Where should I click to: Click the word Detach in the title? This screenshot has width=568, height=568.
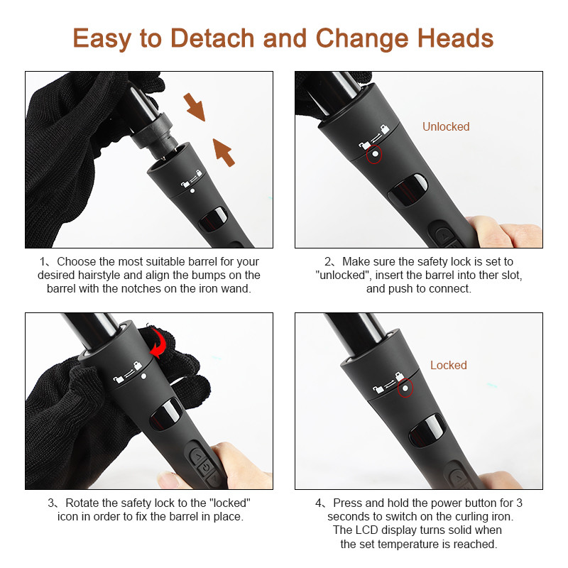coord(212,38)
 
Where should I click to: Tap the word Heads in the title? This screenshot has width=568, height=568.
coord(455,38)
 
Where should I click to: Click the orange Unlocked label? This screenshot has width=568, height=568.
coord(446,126)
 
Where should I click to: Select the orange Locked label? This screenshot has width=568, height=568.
coord(449,365)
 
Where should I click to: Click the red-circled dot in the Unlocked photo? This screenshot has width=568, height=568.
coord(376,154)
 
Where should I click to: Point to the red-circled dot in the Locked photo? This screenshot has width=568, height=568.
coord(405,388)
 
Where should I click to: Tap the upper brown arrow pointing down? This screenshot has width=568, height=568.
coord(195,107)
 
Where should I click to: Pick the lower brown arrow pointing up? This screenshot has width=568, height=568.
coord(224,153)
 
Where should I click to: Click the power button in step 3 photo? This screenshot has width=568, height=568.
coord(206,467)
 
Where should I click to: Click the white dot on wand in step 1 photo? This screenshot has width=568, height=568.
coord(192,190)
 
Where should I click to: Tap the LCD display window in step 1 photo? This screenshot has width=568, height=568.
coord(213,219)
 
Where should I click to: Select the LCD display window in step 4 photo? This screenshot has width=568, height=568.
coord(427,430)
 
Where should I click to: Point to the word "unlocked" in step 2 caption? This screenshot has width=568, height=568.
coord(344,275)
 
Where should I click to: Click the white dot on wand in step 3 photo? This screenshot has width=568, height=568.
coord(144,376)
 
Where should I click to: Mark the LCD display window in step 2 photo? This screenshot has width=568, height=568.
coord(408,190)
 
